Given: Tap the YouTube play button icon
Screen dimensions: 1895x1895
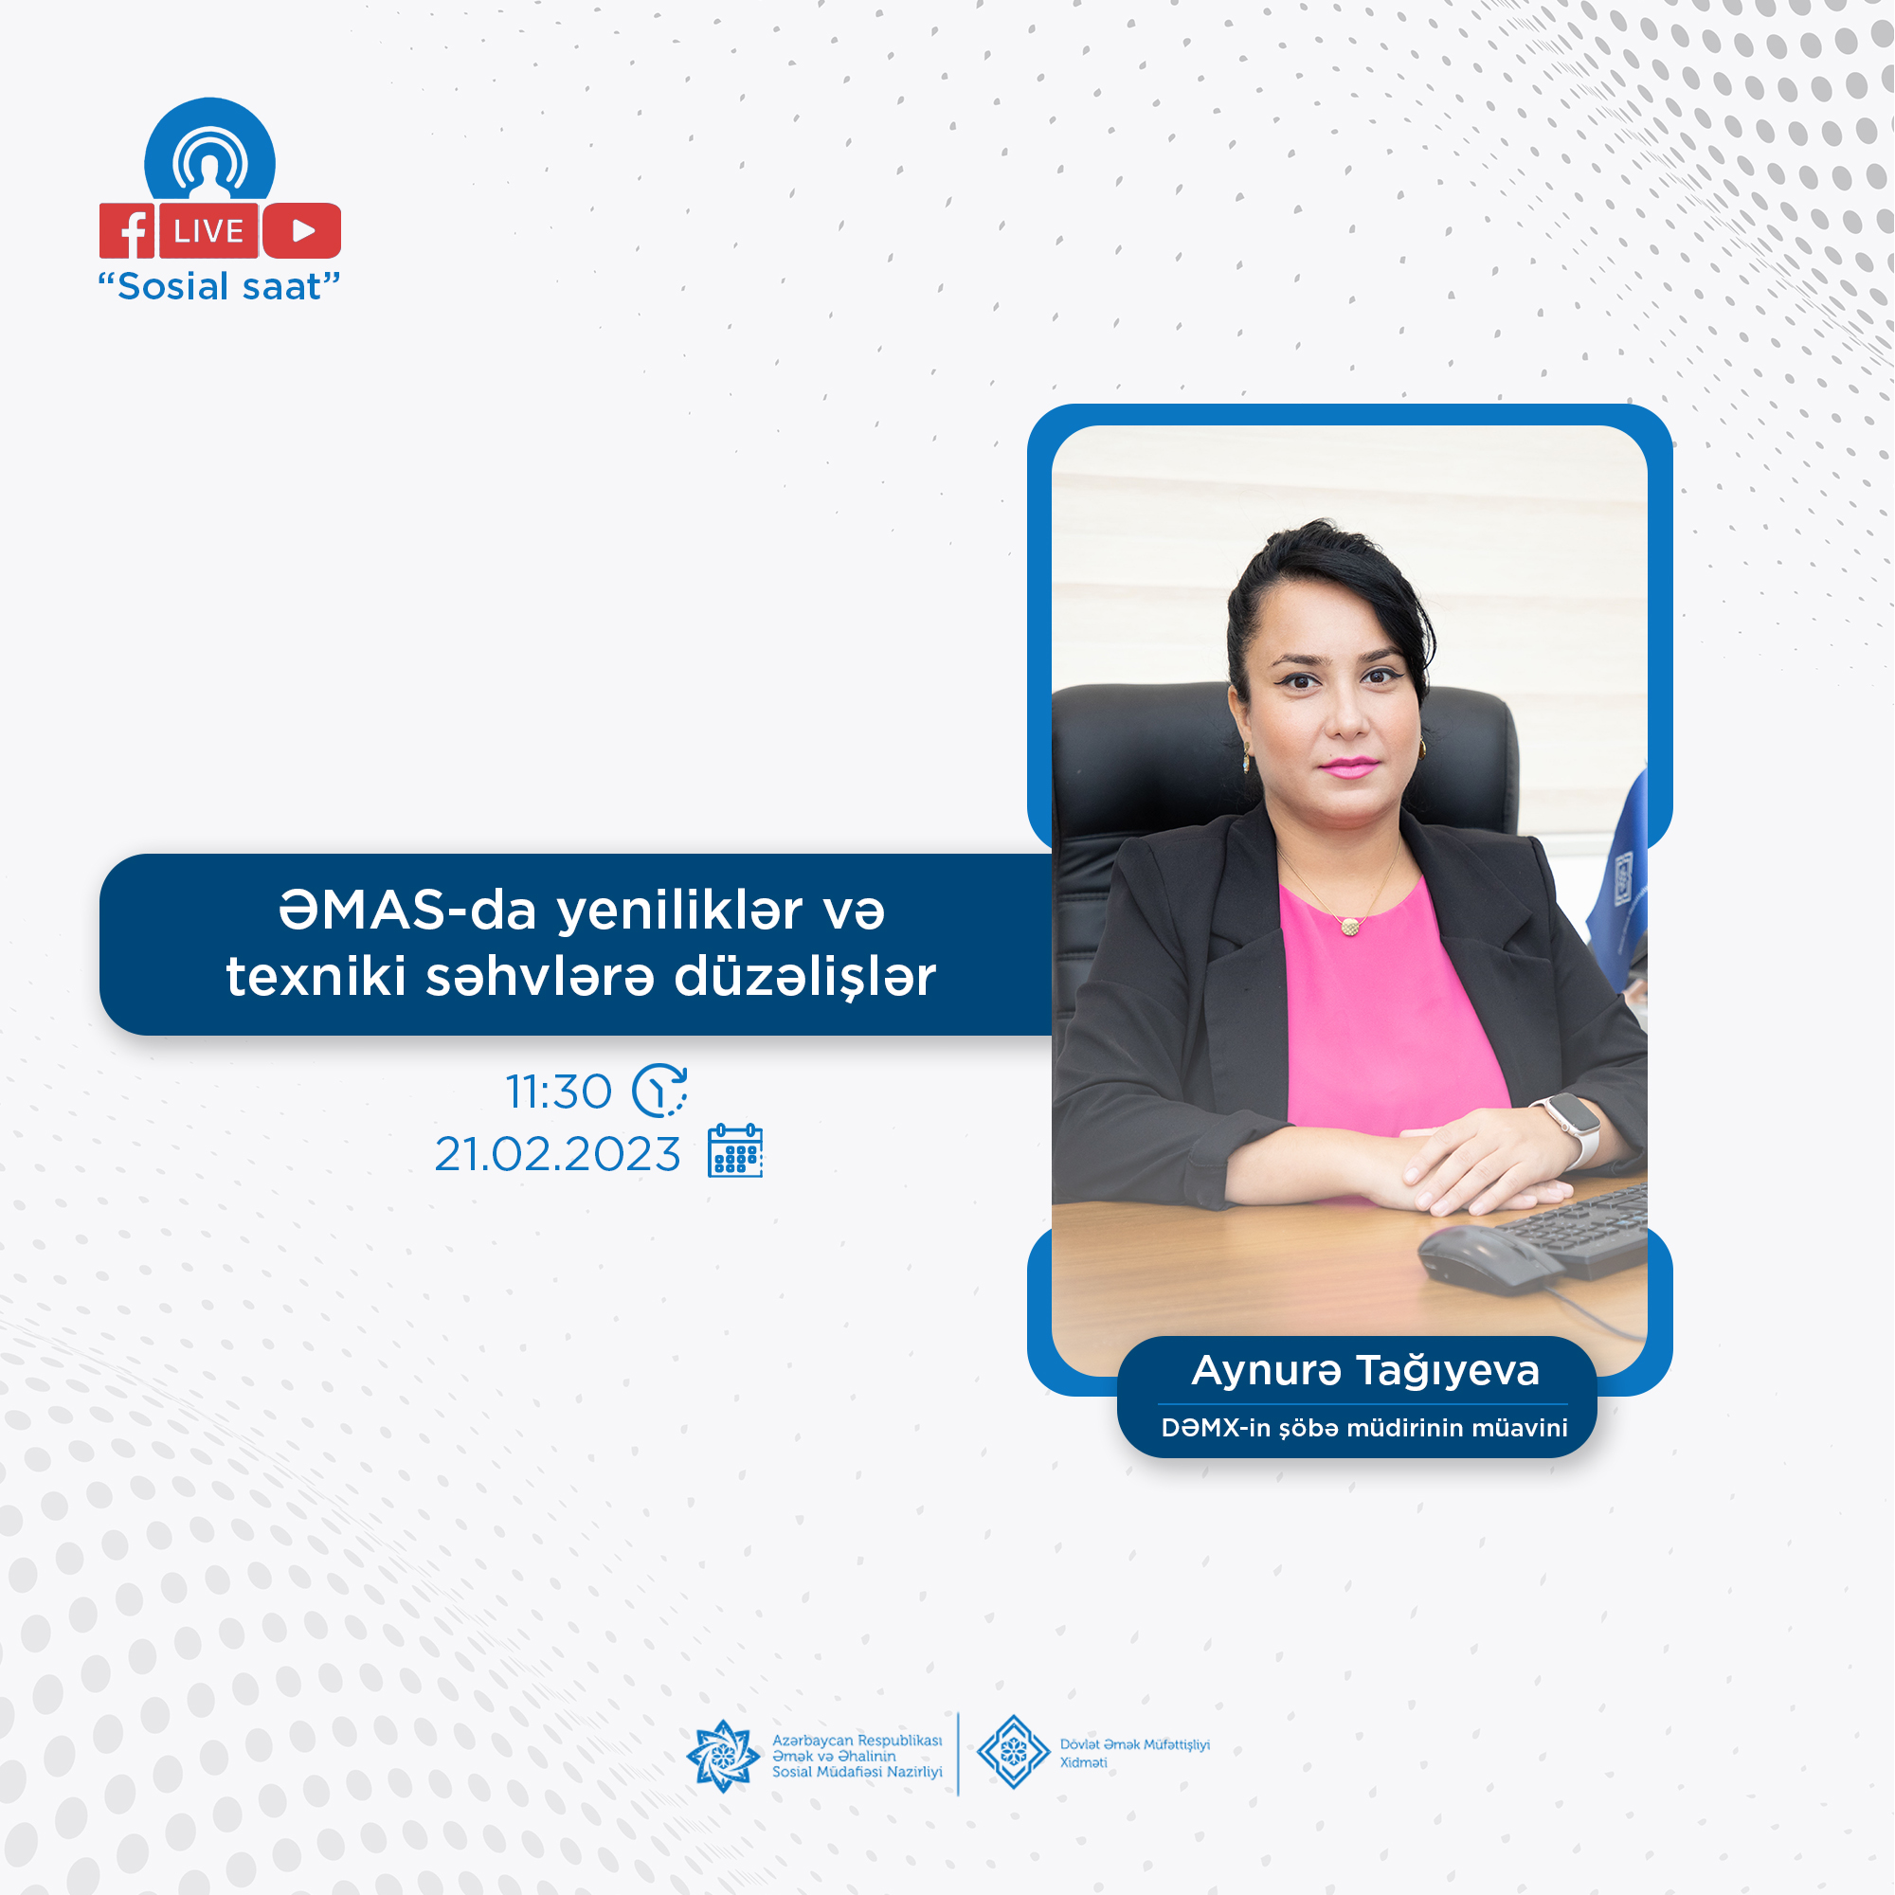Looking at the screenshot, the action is [302, 230].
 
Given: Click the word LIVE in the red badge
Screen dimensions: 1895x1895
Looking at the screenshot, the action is [208, 231].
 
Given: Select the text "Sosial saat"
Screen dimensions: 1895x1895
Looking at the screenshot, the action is [219, 286].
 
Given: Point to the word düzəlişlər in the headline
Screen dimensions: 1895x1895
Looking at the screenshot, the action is [805, 976].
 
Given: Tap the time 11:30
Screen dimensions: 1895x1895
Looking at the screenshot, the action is [558, 1092].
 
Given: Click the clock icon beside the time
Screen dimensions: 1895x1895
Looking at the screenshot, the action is [659, 1091].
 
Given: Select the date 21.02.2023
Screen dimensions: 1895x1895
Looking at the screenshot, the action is [557, 1154].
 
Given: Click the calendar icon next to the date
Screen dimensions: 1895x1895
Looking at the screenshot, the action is [735, 1150].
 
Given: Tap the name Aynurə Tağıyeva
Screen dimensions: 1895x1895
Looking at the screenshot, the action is [1365, 1370].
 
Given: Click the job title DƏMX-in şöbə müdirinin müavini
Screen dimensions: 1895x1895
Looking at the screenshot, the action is [1364, 1428].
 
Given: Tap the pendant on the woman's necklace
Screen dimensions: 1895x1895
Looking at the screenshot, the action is [1350, 925].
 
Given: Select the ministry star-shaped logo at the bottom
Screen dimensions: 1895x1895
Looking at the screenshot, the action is [723, 1756].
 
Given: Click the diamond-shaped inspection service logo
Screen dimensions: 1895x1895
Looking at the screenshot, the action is [1013, 1753].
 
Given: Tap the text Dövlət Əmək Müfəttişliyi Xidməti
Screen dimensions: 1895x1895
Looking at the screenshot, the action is [1135, 1754].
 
